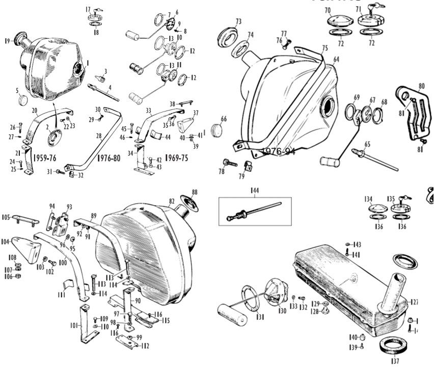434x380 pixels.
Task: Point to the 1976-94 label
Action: pos(278,151)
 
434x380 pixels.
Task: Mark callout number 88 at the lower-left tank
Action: pos(194,192)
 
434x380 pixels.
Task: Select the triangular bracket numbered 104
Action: pos(21,250)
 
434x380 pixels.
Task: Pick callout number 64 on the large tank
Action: pos(336,59)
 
